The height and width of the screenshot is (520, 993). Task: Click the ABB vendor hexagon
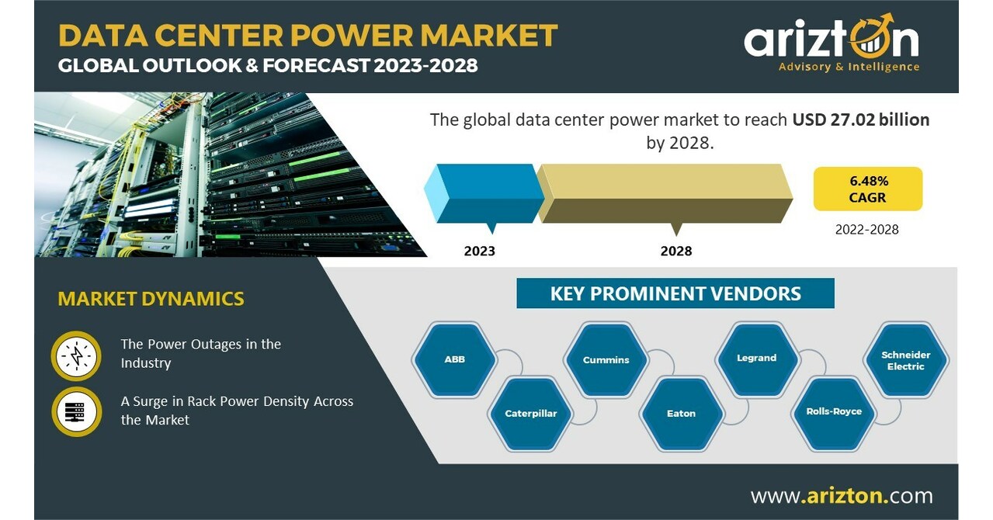point(455,359)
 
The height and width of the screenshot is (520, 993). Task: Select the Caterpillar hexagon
point(531,413)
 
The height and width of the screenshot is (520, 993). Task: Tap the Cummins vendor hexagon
point(606,359)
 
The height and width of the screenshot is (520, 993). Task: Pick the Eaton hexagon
point(681,413)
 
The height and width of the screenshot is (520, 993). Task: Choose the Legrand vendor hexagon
point(757,358)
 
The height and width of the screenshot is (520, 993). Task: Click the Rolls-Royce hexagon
point(834,411)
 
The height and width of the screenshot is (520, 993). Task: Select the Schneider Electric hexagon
point(906,360)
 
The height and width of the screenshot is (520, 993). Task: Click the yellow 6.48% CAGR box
point(868,189)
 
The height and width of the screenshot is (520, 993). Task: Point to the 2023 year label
point(479,251)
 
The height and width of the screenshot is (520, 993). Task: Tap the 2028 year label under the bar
point(676,251)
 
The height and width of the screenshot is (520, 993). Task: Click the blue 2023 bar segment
point(485,192)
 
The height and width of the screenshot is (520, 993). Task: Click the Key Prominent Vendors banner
point(675,293)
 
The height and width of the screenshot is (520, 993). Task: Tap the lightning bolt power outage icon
point(77,355)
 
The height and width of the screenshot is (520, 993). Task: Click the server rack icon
point(77,411)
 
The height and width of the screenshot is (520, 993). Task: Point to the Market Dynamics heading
point(151,298)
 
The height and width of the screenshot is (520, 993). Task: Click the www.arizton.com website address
point(842,495)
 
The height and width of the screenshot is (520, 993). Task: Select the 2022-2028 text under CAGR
point(867,229)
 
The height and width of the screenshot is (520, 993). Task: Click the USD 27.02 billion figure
point(861,120)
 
